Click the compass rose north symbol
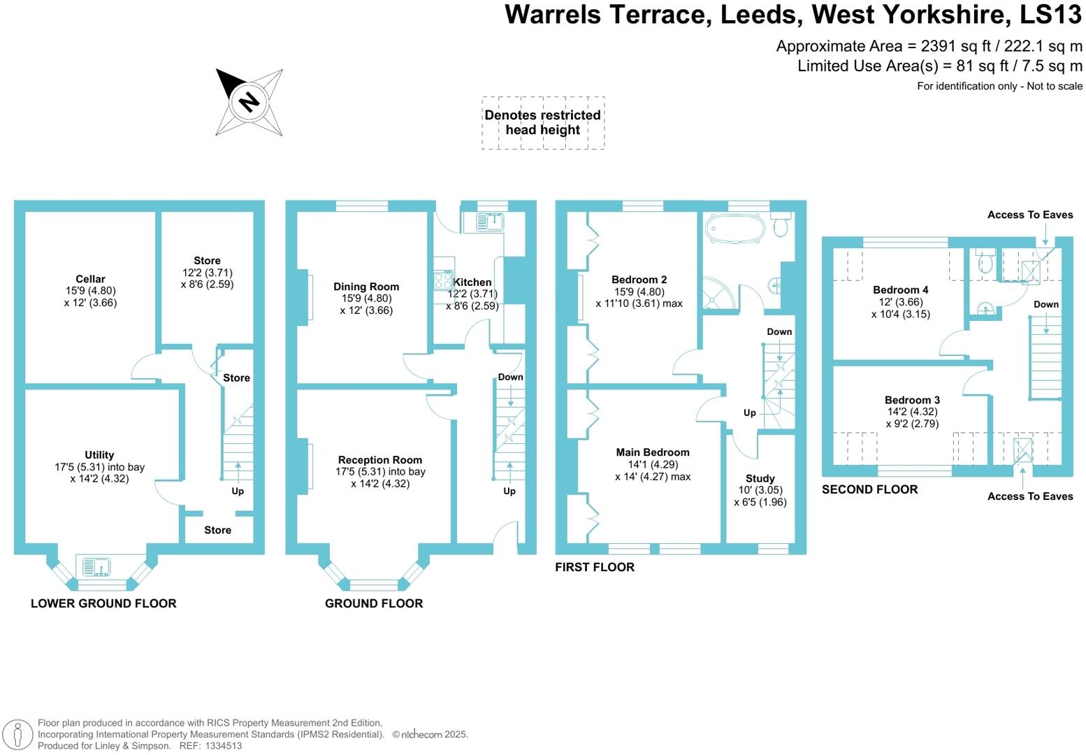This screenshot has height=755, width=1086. pyautogui.click(x=249, y=102)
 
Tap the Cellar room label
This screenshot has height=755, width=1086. pyautogui.click(x=90, y=280)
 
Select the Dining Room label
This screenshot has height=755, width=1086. pyautogui.click(x=366, y=287)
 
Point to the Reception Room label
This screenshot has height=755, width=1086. pyautogui.click(x=380, y=460)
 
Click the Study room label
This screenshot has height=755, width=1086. pyautogui.click(x=760, y=479)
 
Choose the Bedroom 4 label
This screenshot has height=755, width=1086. pyautogui.click(x=901, y=290)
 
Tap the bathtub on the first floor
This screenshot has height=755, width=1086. pyautogui.click(x=733, y=229)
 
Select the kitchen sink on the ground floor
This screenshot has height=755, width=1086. pyautogui.click(x=491, y=222)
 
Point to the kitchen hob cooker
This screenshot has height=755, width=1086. pyautogui.click(x=443, y=280)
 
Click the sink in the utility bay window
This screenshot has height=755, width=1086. pyautogui.click(x=96, y=566)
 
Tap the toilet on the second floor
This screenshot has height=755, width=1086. pyautogui.click(x=986, y=261)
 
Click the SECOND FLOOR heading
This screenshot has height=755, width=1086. pyautogui.click(x=869, y=489)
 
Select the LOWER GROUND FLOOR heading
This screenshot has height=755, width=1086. pyautogui.click(x=103, y=603)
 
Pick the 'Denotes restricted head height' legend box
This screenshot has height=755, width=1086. pyautogui.click(x=543, y=123)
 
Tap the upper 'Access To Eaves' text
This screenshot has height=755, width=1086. pyautogui.click(x=1030, y=215)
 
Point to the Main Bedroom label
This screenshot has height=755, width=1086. pyautogui.click(x=653, y=452)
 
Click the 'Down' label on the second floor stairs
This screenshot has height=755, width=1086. pyautogui.click(x=1046, y=304)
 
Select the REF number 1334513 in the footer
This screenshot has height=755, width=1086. pyautogui.click(x=223, y=746)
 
